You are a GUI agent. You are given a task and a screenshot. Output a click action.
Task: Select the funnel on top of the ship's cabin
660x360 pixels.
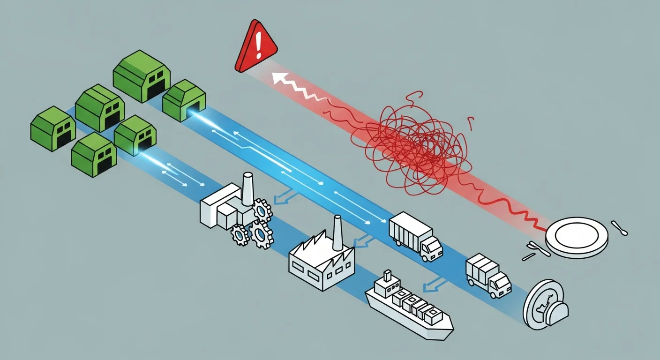tap(387, 277)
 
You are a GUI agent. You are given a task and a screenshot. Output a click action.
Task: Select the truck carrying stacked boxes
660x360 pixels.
tap(487, 277)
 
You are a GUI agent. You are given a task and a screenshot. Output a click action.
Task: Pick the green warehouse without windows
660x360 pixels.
tap(184, 100)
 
